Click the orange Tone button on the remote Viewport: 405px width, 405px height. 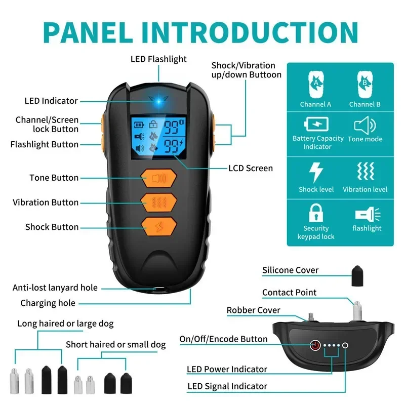159,178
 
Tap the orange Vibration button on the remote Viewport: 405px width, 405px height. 159,202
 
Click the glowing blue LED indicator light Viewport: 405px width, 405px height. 158,100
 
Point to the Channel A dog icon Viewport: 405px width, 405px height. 316,84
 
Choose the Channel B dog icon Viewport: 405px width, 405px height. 364,84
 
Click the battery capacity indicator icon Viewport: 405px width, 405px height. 316,125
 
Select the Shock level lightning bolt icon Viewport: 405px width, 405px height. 316,172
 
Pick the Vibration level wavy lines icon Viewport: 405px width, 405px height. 365,173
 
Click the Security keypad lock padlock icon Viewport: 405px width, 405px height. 316,213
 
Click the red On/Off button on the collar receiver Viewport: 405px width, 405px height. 314,346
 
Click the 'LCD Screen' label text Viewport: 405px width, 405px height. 251,168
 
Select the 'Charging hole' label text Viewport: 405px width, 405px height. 48,303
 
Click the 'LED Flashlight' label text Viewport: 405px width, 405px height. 158,59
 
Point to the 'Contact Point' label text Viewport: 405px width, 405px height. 289,293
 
